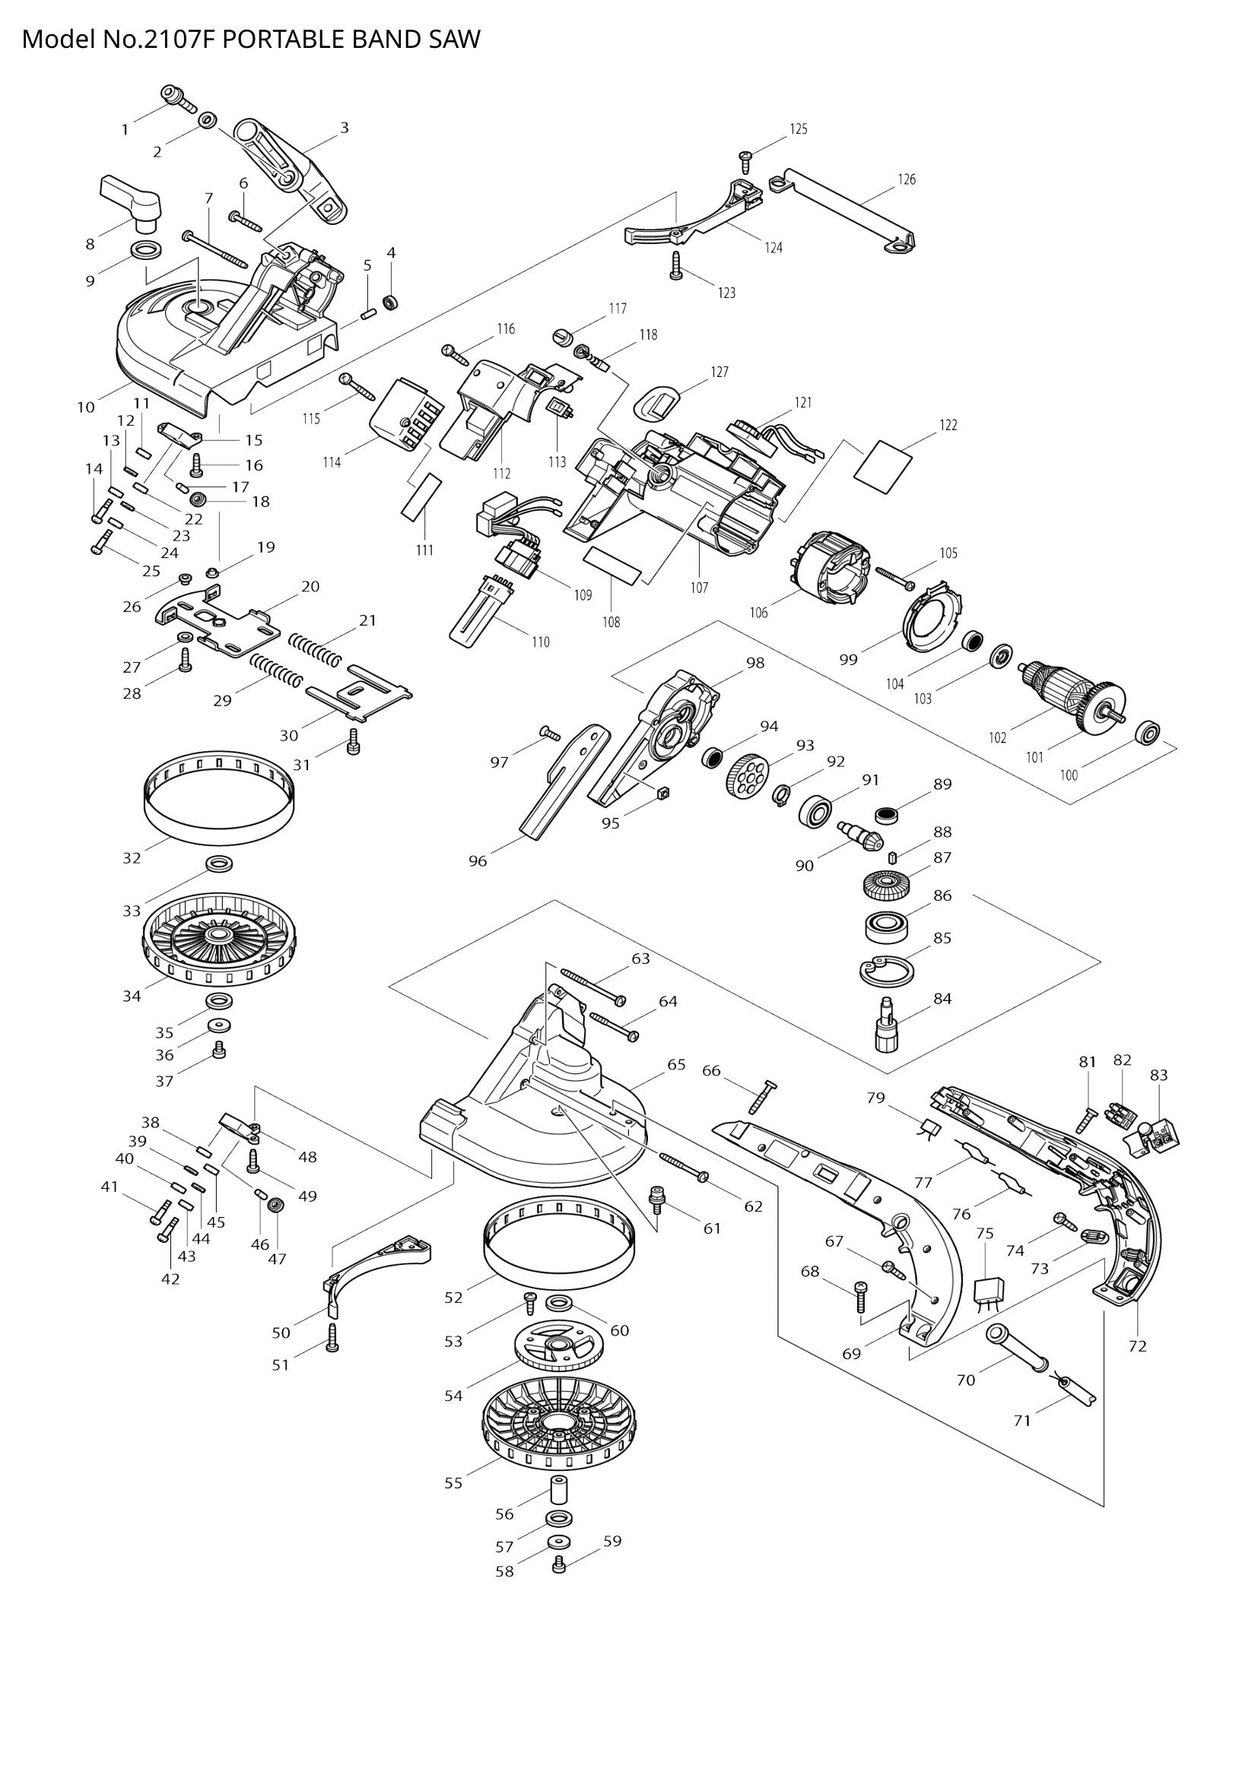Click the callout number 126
[x=907, y=179]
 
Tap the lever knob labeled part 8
[x=134, y=198]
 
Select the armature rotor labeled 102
[x=1071, y=691]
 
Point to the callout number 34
[x=132, y=996]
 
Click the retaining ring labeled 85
[x=887, y=969]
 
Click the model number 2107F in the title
[x=181, y=39]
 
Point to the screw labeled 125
[x=748, y=159]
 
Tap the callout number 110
[x=540, y=642]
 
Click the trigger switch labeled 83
[x=1156, y=1136]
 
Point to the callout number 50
[x=281, y=1332]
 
